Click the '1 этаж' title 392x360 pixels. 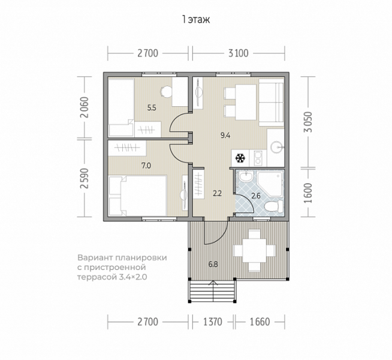click(196, 20)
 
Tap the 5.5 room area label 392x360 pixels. click(152, 108)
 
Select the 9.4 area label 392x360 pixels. click(225, 136)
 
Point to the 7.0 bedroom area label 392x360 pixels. click(146, 166)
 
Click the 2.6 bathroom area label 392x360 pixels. click(256, 196)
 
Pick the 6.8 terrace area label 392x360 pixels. click(213, 264)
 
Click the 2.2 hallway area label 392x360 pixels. click(217, 193)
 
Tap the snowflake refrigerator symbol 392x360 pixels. click(240, 158)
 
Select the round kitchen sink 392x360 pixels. click(276, 147)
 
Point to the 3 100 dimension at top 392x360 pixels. click(239, 53)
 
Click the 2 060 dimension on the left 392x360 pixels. click(85, 107)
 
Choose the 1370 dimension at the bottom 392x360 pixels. click(213, 322)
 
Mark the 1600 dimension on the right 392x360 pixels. click(309, 193)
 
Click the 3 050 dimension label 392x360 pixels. click(309, 122)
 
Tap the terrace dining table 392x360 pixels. click(254, 250)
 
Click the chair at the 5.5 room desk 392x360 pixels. click(166, 91)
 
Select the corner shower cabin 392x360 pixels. click(271, 184)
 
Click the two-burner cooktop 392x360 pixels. click(258, 158)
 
